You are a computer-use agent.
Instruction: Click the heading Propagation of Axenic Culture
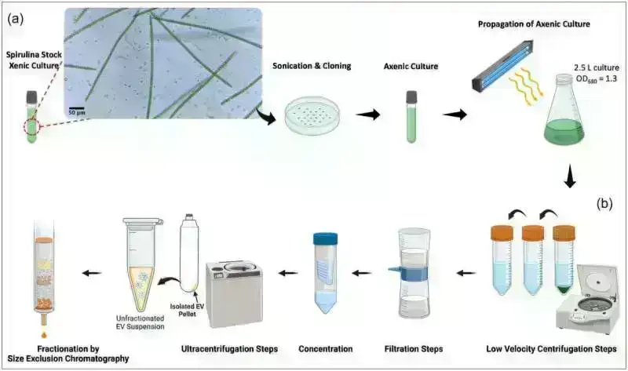(x=533, y=25)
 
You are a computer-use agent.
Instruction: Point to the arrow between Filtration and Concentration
(x=363, y=274)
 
